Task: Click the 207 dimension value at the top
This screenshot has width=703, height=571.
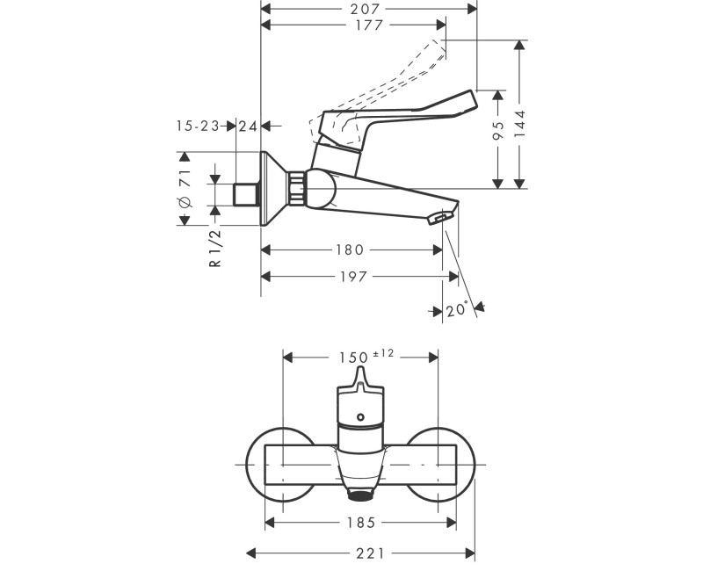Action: click(365, 9)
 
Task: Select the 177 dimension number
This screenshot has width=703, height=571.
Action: click(369, 25)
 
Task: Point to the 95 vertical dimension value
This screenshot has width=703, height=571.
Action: click(498, 130)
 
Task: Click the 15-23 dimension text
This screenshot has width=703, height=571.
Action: click(198, 126)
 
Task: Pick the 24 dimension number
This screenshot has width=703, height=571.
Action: click(248, 126)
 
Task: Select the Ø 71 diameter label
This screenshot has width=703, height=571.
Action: click(185, 188)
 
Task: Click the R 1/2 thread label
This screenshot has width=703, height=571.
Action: click(215, 248)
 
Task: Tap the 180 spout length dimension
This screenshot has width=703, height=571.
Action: click(350, 249)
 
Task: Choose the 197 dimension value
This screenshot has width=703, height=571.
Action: click(354, 277)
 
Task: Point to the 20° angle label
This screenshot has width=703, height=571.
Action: click(457, 309)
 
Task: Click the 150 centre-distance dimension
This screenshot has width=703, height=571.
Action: click(353, 358)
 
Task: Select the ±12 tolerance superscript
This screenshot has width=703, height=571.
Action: click(383, 353)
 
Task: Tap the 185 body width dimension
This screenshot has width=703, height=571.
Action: click(361, 523)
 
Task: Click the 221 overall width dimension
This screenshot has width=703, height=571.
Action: click(370, 554)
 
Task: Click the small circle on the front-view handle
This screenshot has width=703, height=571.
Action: click(361, 417)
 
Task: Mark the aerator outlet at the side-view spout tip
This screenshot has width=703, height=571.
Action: click(438, 219)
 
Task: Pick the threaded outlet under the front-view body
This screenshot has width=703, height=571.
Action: click(361, 495)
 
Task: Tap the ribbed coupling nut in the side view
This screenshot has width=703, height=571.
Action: click(295, 188)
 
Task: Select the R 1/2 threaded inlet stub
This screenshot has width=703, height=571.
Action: click(246, 195)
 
